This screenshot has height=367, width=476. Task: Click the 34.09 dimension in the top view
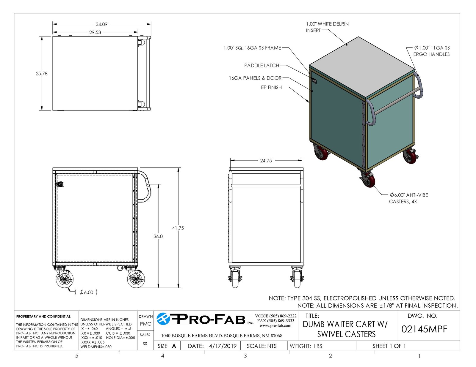pyautogui.click(x=101, y=24)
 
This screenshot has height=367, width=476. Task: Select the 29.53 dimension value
pyautogui.click(x=95, y=32)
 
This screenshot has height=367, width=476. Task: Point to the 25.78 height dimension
pyautogui.click(x=42, y=73)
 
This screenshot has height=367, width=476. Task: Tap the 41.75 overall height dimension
pyautogui.click(x=178, y=228)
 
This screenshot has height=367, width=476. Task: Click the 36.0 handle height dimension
pyautogui.click(x=158, y=236)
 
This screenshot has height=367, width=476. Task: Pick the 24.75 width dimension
pyautogui.click(x=266, y=161)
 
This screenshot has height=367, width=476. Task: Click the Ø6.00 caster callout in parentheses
pyautogui.click(x=86, y=292)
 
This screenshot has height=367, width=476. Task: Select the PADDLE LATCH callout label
pyautogui.click(x=262, y=66)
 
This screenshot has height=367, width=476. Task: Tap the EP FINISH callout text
pyautogui.click(x=271, y=87)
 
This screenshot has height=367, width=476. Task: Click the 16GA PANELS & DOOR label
pyautogui.click(x=255, y=78)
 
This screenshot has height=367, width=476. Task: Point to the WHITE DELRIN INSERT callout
pyautogui.click(x=327, y=27)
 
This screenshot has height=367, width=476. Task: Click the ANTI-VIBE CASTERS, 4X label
pyautogui.click(x=408, y=198)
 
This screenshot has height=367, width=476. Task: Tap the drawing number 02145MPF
pyautogui.click(x=424, y=329)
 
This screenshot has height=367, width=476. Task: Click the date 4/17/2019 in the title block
pyautogui.click(x=223, y=346)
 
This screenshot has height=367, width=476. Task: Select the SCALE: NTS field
pyautogui.click(x=262, y=346)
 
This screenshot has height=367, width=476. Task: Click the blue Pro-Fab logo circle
pyautogui.click(x=163, y=319)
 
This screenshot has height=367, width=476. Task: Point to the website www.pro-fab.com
pyautogui.click(x=275, y=325)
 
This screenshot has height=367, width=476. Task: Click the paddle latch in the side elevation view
pyautogui.click(x=60, y=184)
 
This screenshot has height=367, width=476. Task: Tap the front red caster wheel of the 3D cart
pyautogui.click(x=369, y=181)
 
